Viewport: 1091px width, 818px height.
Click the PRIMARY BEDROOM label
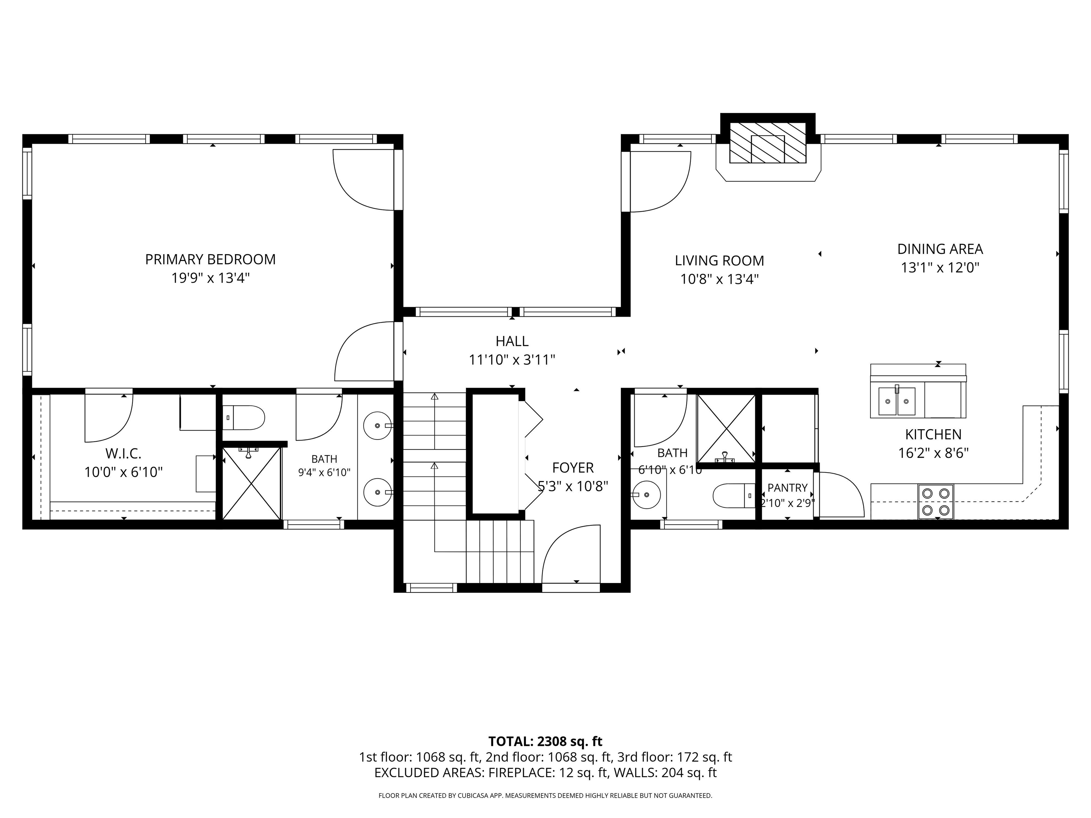pos(210,260)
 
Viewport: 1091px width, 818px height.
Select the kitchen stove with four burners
pos(936,501)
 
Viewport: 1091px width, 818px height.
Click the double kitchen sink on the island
pos(897,401)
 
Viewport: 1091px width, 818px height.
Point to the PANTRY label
pos(787,488)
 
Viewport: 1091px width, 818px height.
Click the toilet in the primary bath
pos(243,418)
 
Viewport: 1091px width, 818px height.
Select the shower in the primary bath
pos(252,483)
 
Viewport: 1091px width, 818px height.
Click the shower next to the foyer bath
pos(726,429)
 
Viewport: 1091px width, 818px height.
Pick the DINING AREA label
pos(940,249)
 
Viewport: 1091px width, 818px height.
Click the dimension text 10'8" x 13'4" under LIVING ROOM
pos(719,279)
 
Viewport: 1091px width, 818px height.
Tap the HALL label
pos(512,341)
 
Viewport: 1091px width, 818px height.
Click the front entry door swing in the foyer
pos(571,555)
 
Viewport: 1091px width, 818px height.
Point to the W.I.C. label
pos(123,453)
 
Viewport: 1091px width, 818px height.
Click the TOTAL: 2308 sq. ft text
pos(545,742)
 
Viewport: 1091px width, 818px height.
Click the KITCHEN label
pos(933,435)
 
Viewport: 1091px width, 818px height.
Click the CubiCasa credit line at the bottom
pos(545,795)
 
